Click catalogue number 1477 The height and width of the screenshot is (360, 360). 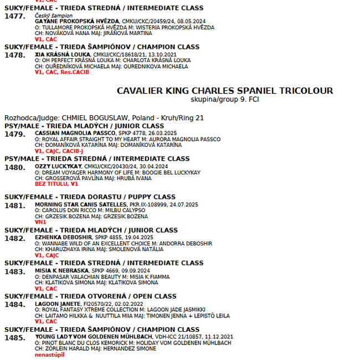pos(15,17)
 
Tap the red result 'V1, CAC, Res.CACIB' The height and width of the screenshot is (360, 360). pos(61,72)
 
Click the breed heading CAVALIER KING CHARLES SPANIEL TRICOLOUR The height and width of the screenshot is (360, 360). pos(225,91)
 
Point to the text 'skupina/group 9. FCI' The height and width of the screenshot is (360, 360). pos(224,100)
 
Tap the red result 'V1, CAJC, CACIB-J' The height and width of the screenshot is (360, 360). pos(59,151)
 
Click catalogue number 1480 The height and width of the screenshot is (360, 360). pos(15,167)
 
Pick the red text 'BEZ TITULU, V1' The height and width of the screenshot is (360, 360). pos(56,183)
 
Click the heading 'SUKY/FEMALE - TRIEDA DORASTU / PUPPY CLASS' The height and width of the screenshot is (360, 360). pos(90,197)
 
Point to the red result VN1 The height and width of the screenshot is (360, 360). pos(40,222)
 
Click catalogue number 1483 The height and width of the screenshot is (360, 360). pos(15,272)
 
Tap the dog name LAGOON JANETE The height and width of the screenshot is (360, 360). pos(58,304)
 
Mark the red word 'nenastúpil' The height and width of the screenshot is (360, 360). pos(49,354)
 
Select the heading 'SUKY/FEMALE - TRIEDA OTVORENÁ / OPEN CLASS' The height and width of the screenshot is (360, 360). pos(90,296)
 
